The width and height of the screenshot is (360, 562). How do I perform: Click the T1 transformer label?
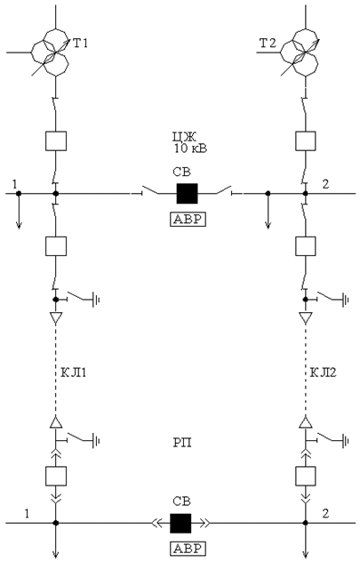(x=80, y=44)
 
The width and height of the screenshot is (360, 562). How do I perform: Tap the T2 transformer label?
(x=268, y=44)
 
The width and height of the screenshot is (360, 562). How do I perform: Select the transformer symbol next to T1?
(x=50, y=52)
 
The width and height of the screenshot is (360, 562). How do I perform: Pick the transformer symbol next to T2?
(x=300, y=52)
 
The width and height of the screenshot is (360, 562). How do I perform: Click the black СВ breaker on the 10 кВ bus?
(x=187, y=194)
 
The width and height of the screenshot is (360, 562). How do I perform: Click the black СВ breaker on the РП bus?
(x=180, y=523)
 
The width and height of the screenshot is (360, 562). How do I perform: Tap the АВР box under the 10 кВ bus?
(x=188, y=219)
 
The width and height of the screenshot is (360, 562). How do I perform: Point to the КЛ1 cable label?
(x=74, y=373)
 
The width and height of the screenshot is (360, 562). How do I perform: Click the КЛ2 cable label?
(x=323, y=373)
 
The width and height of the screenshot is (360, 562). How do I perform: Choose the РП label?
(x=182, y=443)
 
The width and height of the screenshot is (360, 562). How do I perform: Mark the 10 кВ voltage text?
(x=190, y=149)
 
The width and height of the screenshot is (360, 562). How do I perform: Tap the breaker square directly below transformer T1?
(x=56, y=140)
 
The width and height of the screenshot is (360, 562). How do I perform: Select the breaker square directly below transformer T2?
(x=306, y=140)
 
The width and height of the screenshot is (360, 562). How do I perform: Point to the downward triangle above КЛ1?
(x=55, y=318)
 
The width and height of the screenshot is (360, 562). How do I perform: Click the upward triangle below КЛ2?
(x=306, y=421)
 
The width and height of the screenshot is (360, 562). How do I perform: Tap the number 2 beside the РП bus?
(x=325, y=513)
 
